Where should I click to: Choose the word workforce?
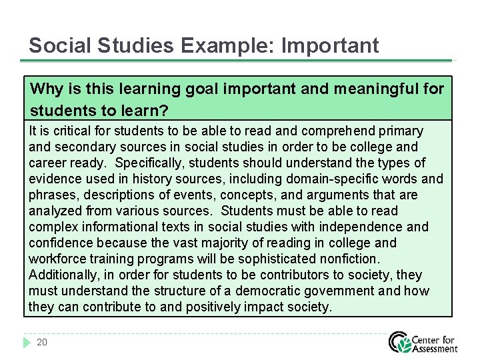tap(58, 259)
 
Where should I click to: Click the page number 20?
tap(42, 343)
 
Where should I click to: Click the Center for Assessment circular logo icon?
tap(401, 342)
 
